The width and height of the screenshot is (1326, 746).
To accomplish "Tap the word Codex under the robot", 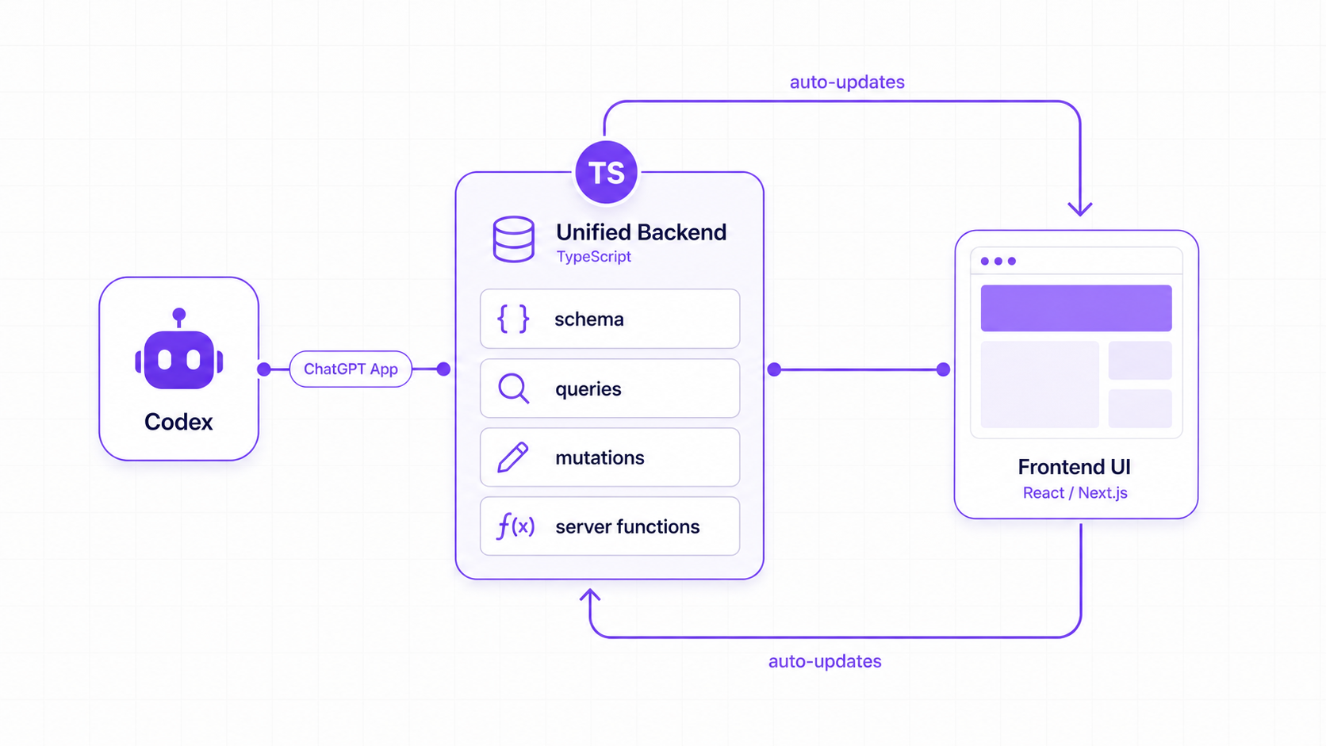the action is click(178, 422).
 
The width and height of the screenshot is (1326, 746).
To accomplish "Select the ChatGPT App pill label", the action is click(351, 369).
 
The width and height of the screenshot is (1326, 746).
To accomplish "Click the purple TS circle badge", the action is click(606, 172).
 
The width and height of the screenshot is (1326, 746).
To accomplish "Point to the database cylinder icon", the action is click(513, 239).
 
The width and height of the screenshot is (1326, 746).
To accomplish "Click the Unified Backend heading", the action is click(641, 232).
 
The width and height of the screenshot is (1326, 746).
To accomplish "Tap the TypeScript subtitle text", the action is click(594, 257).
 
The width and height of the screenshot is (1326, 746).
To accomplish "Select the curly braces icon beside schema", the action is click(512, 319).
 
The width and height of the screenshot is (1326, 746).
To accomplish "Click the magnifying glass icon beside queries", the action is click(513, 388).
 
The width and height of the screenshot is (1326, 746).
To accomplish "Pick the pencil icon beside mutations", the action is click(512, 457).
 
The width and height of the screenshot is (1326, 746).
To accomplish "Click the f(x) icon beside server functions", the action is click(515, 526).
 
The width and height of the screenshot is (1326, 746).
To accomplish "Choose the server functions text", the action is click(627, 526).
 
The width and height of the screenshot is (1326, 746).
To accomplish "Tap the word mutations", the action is click(600, 458).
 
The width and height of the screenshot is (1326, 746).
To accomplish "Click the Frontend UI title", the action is click(1075, 467).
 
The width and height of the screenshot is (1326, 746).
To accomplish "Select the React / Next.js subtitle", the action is click(1075, 493).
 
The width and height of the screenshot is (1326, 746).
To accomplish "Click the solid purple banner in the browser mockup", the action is click(1076, 308).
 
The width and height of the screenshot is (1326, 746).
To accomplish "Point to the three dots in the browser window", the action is click(998, 261).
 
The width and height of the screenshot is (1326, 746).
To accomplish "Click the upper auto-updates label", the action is click(847, 82).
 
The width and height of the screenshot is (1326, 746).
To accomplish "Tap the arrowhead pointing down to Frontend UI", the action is click(1080, 209).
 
